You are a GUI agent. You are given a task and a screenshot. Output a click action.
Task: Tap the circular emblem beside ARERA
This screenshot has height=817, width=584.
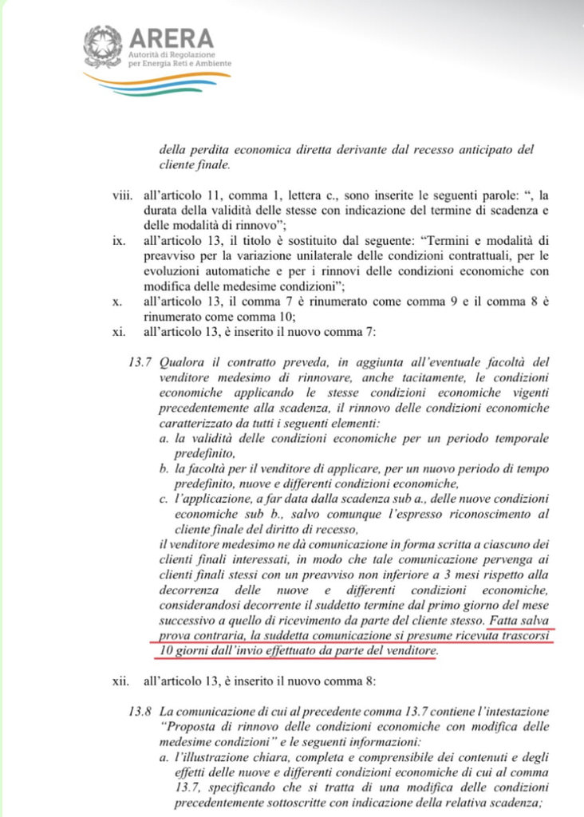click(102, 45)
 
